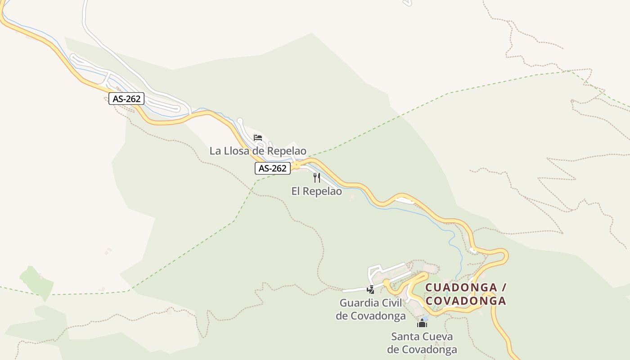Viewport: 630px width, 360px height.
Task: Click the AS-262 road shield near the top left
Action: (x=126, y=99)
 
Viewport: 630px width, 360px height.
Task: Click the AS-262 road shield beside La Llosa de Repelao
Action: (x=273, y=168)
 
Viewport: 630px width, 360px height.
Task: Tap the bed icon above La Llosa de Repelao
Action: (x=258, y=137)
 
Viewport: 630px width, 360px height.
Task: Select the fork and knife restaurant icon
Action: (x=317, y=178)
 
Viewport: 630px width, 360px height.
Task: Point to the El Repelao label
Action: (x=316, y=191)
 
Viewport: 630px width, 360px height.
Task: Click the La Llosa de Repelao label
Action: (x=258, y=151)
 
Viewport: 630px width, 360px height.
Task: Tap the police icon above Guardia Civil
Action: (x=371, y=290)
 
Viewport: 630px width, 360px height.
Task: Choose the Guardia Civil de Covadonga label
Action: (x=371, y=309)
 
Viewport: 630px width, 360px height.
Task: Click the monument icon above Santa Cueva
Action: (x=422, y=323)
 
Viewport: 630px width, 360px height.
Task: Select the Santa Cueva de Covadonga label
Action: (x=422, y=343)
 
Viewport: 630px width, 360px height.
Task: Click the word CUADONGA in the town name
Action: (x=461, y=287)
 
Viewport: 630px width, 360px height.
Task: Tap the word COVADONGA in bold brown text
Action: (x=466, y=301)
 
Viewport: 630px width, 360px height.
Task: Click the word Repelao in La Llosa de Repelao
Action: (x=287, y=151)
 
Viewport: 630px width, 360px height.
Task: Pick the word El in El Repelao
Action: (x=296, y=191)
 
